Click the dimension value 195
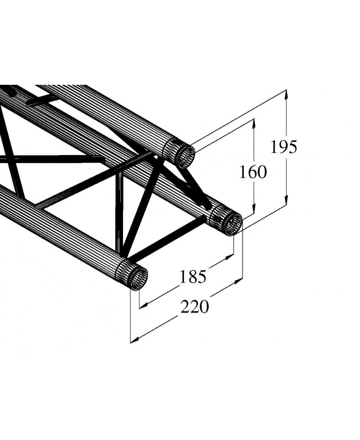coord(284,147)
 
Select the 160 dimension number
coord(253,172)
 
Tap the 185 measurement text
coord(193,275)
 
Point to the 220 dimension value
coord(195,306)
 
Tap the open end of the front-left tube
coord(138,278)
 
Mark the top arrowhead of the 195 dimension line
coord(287,93)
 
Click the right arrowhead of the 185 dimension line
coord(231,256)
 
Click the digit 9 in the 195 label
coord(284,147)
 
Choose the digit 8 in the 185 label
coord(193,275)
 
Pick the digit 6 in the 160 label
coord(253,172)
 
